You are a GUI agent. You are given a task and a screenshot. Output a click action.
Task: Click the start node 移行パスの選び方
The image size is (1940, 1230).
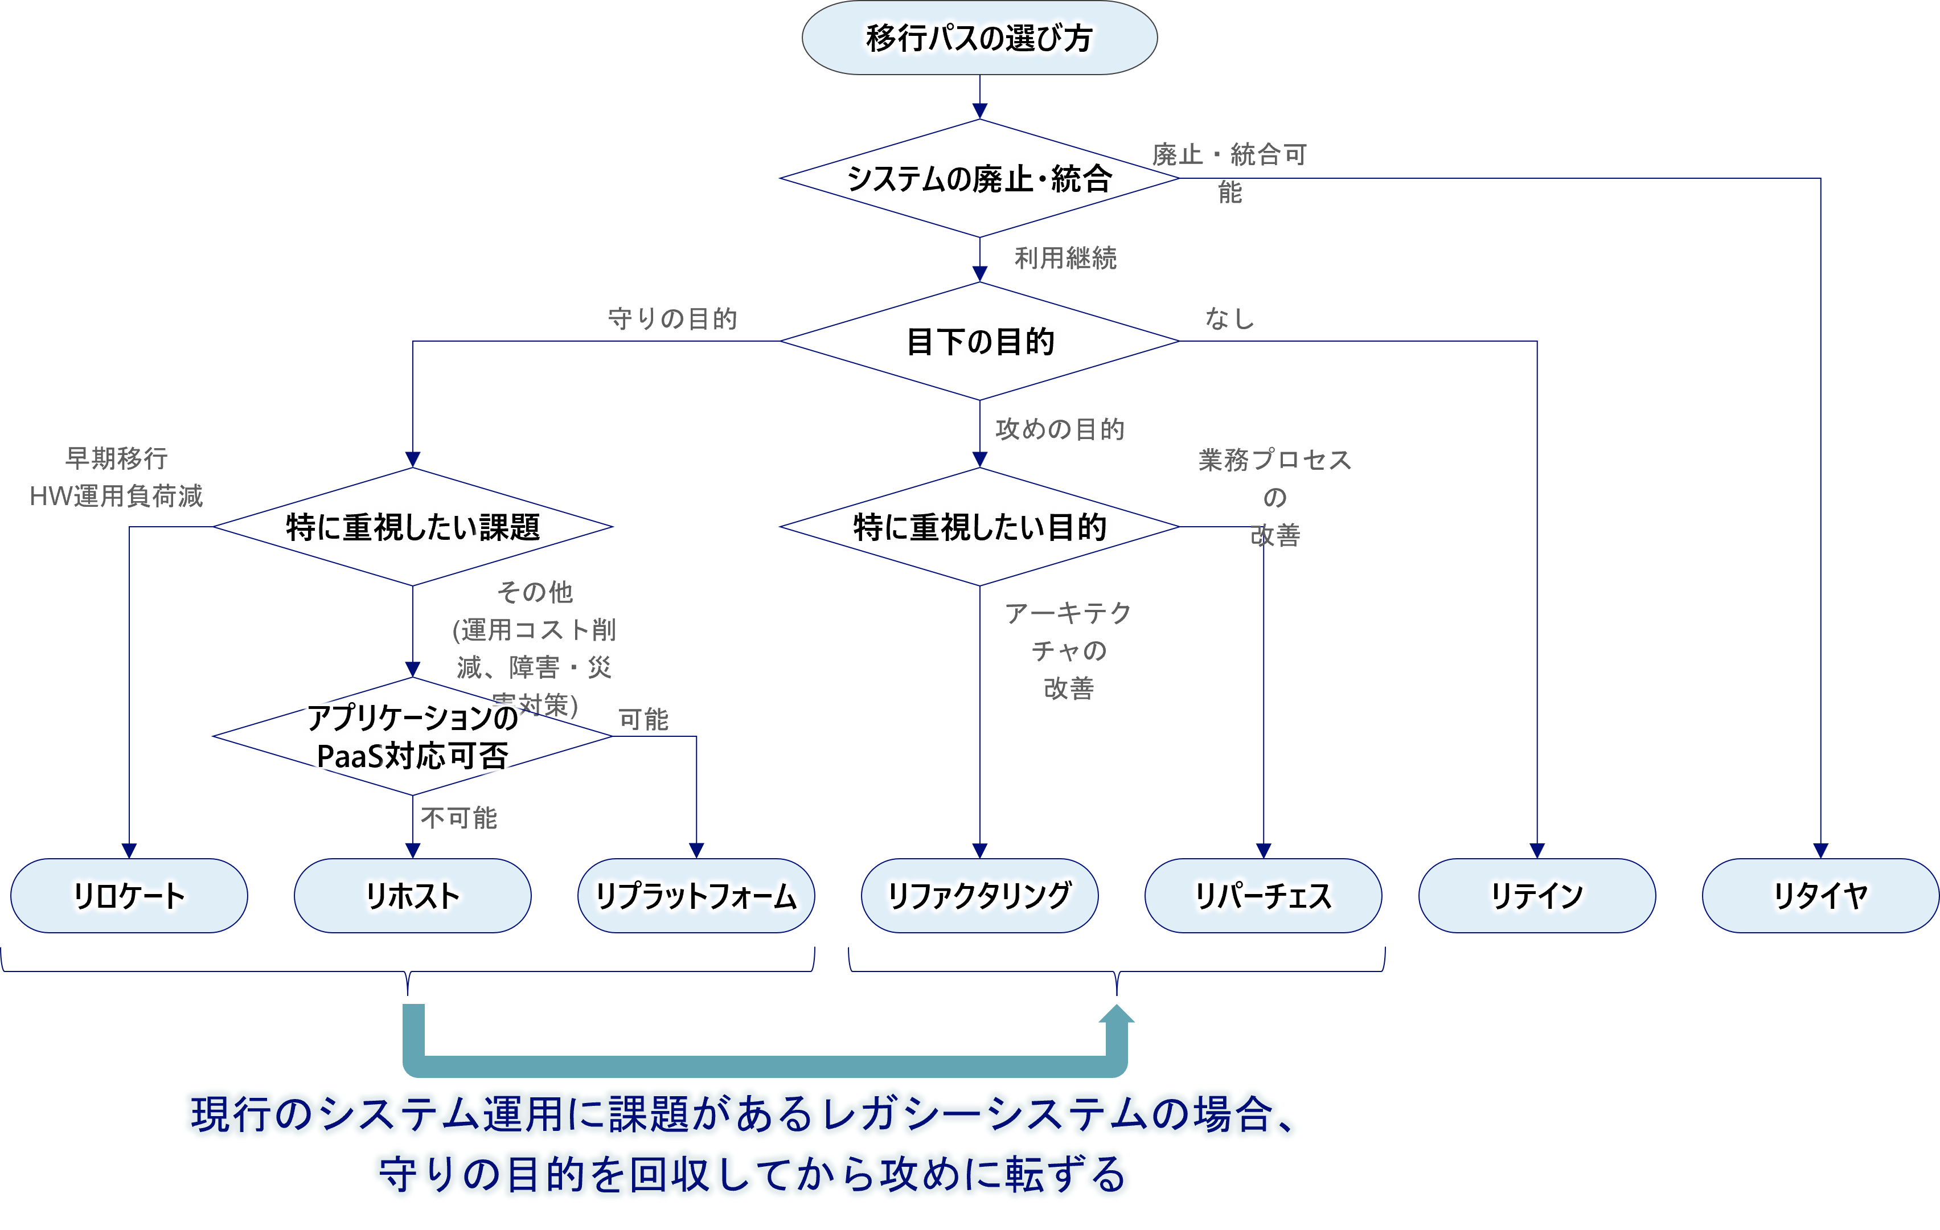[x=979, y=38]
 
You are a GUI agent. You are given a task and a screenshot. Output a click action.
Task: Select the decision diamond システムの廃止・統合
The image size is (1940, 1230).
[x=979, y=178]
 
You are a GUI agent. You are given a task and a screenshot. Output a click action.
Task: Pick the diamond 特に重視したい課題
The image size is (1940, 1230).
[x=412, y=527]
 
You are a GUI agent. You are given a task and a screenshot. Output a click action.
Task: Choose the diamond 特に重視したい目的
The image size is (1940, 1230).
[x=979, y=527]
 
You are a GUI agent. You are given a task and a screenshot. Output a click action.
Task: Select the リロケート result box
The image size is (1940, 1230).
[x=129, y=896]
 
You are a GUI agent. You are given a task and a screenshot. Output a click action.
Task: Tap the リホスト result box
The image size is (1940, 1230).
[x=412, y=896]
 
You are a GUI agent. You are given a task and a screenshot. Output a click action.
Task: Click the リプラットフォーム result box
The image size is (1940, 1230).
[x=696, y=896]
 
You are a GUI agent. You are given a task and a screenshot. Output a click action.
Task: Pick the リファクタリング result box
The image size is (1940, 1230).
[x=979, y=896]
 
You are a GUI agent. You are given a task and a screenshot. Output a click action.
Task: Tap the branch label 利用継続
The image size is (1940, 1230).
[x=1065, y=259]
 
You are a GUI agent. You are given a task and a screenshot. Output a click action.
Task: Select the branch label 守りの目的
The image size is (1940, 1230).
[x=672, y=319]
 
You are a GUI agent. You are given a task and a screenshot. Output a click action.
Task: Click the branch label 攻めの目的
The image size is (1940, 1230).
[x=1060, y=429]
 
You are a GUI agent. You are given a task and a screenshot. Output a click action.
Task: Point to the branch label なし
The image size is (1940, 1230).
[x=1229, y=319]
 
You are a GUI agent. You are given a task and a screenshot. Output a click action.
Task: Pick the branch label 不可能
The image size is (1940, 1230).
[x=458, y=818]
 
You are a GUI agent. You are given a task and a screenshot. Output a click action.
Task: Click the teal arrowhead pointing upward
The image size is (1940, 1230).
[x=1117, y=1014]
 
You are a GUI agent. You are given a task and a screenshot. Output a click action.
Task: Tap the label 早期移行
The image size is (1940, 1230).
[x=116, y=458]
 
